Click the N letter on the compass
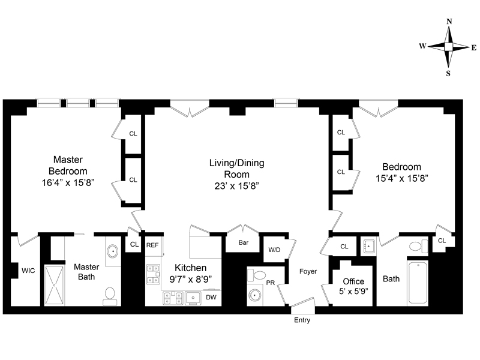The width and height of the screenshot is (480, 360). (x=449, y=22)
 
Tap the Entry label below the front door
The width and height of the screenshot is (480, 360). (x=302, y=320)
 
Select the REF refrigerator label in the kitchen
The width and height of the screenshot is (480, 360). (x=152, y=245)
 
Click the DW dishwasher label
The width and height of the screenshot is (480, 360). (x=211, y=297)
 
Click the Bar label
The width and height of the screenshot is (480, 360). (x=244, y=244)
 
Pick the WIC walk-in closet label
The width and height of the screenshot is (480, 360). (x=28, y=271)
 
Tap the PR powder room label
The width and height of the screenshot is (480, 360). (x=270, y=282)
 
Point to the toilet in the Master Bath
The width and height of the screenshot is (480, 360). (x=110, y=294)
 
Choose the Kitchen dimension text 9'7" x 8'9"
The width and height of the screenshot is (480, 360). (x=191, y=278)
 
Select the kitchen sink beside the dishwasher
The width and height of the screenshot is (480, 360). (x=194, y=297)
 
